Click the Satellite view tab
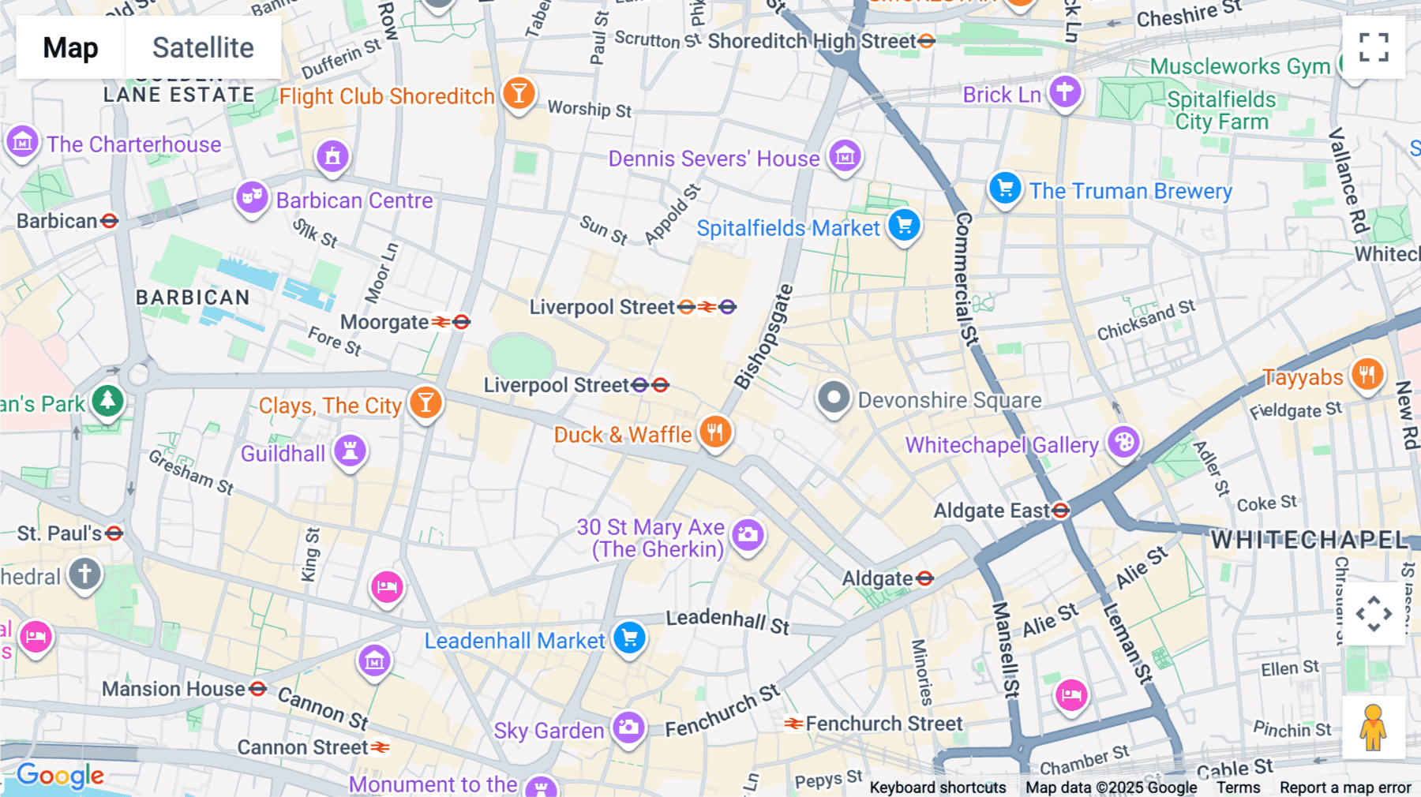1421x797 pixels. point(203,47)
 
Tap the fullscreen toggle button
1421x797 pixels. point(1374,47)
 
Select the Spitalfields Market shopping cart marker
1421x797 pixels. point(904,225)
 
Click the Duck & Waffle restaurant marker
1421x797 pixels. point(715,432)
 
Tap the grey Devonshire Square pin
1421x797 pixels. point(834,398)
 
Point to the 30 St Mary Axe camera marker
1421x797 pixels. point(748,535)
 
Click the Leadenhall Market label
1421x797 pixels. point(514,641)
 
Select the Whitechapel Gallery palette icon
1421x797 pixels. point(1123,442)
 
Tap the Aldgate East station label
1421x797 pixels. point(992,511)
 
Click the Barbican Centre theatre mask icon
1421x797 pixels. point(252,197)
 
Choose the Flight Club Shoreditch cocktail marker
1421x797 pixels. point(519,94)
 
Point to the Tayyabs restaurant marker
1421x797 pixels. point(1367,375)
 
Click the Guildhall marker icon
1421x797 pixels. point(350,451)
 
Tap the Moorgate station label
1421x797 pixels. point(384,322)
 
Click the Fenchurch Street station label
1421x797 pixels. point(883,724)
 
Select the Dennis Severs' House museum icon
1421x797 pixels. point(845,156)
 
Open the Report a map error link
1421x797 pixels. point(1345,788)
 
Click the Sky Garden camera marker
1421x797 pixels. point(628,728)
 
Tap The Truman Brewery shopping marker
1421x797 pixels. point(1005,189)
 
